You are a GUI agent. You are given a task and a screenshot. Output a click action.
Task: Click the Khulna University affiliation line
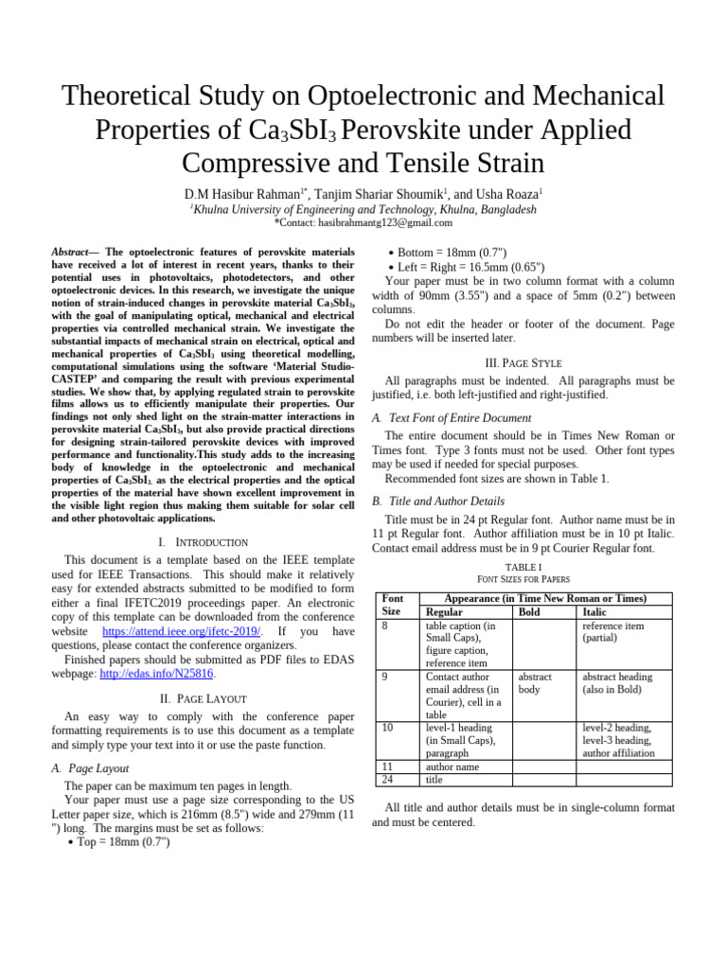click(363, 209)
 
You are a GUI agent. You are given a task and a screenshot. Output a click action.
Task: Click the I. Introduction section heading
click(204, 542)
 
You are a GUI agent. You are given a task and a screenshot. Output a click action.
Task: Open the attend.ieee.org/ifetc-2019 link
click(180, 631)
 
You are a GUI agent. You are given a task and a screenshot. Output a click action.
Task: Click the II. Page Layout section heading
click(204, 698)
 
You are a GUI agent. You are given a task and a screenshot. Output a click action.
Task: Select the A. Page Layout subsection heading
click(90, 768)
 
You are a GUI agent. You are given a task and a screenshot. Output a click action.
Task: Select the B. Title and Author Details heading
click(438, 501)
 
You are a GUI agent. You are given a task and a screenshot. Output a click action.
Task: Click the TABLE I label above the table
click(523, 567)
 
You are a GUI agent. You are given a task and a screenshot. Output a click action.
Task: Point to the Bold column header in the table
click(534, 612)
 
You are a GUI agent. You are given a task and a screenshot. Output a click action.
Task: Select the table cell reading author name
click(452, 766)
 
